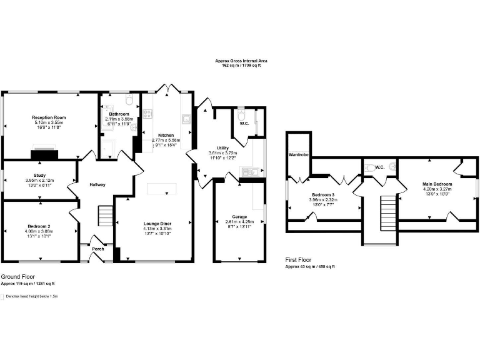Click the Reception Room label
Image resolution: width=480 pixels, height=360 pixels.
[49, 117]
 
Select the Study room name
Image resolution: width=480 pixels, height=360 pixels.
[39, 176]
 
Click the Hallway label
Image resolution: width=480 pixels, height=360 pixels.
[97, 184]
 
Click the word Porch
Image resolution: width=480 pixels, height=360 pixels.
[98, 249]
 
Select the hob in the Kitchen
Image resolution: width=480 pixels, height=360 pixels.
[147, 114]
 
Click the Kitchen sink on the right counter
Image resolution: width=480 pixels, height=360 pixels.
[186, 118]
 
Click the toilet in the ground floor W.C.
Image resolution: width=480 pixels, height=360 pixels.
[241, 114]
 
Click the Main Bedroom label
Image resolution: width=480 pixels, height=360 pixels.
[437, 184]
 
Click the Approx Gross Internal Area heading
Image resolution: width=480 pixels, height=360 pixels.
[241, 61]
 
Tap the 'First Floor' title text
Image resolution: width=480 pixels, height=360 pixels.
[299, 259]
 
